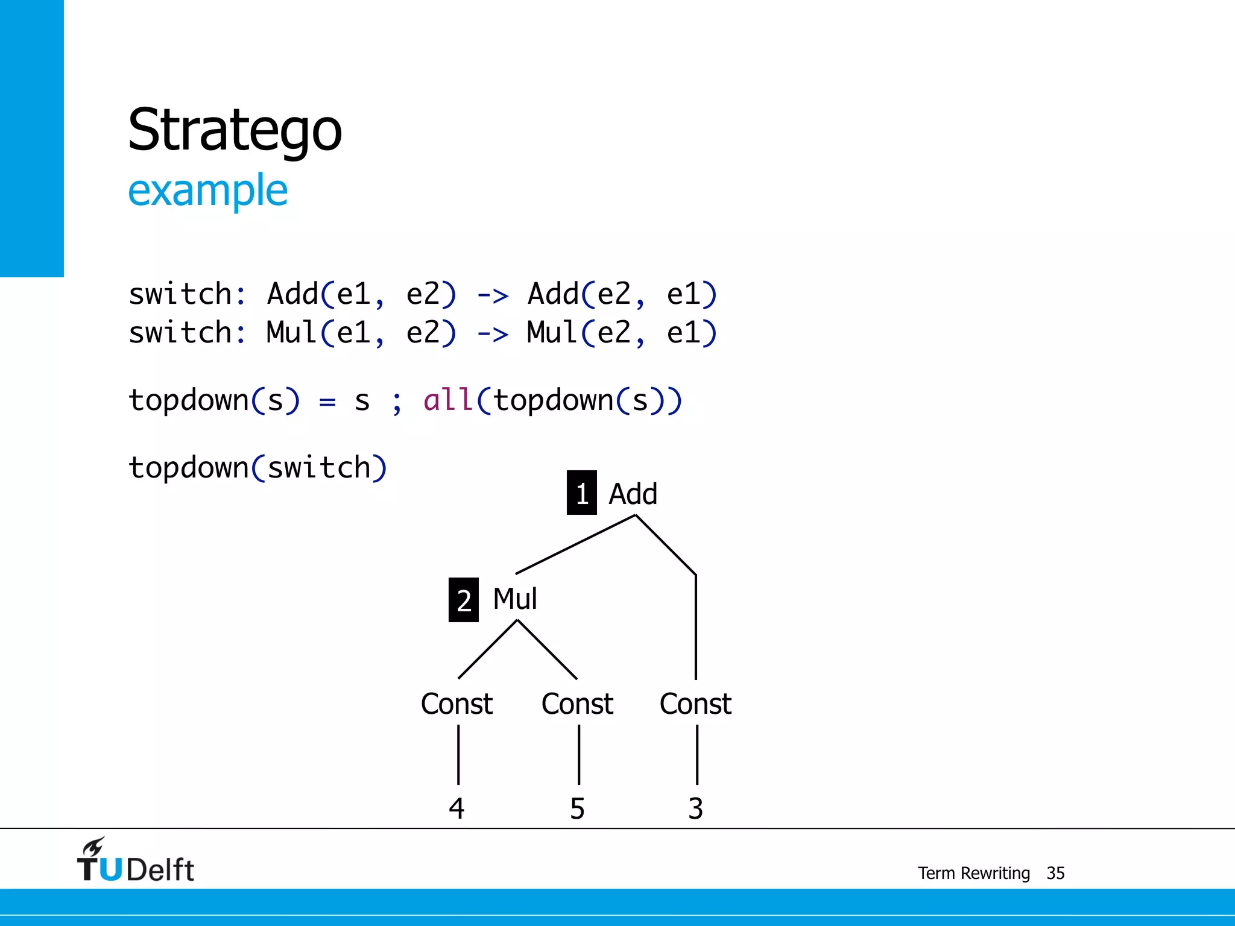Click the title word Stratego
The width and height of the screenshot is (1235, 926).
[x=235, y=131]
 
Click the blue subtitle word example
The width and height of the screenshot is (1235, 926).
[x=207, y=191]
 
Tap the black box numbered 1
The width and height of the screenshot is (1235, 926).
[x=581, y=493]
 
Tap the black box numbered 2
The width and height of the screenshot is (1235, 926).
[x=463, y=600]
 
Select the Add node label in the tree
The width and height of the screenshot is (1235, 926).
[x=633, y=494]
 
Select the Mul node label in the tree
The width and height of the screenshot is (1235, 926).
[x=514, y=599]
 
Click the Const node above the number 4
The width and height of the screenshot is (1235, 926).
[x=456, y=704]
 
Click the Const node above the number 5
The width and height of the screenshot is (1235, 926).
[x=577, y=704]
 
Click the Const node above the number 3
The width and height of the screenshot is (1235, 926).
[x=695, y=704]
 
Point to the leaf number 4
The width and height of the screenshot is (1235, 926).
[x=456, y=808]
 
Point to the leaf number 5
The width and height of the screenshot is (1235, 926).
[x=577, y=808]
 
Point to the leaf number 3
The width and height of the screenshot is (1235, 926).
[x=695, y=808]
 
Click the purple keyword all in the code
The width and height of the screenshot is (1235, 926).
[x=447, y=400]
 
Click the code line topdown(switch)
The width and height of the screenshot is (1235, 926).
[x=257, y=468]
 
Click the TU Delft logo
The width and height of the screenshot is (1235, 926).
[x=135, y=861]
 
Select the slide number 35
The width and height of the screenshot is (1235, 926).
[x=1055, y=873]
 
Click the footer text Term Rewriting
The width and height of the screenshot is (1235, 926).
[x=973, y=873]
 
